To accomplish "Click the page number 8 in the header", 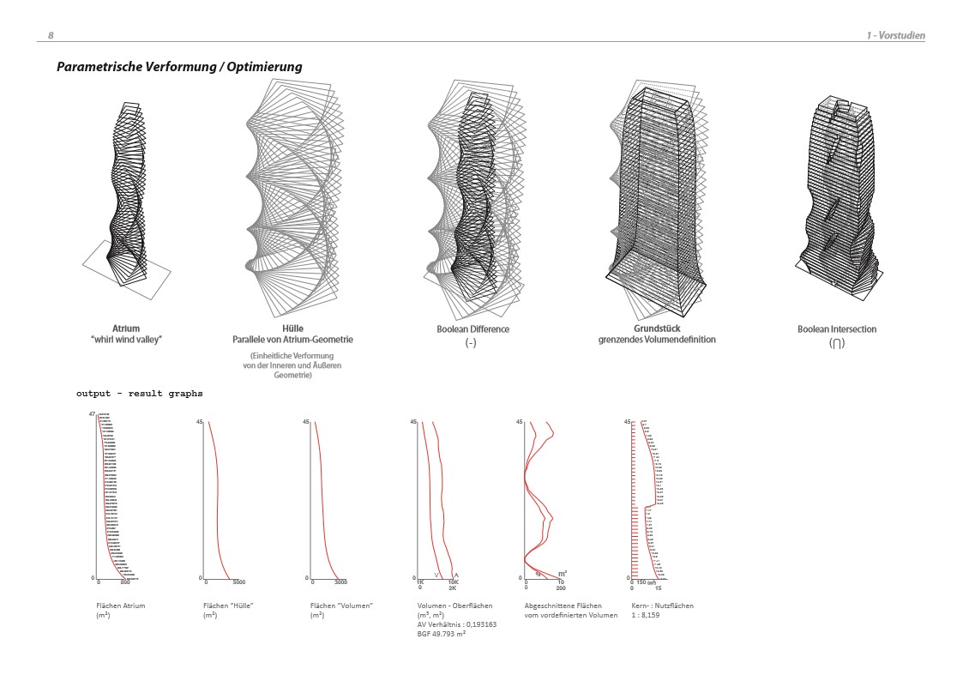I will point(51,35).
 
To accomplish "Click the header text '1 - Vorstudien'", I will point(895,35).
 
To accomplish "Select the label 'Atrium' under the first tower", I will point(125,328).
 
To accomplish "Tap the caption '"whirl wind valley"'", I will point(125,340).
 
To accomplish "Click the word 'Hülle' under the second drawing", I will point(292,328).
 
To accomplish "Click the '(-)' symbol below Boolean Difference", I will point(471,342).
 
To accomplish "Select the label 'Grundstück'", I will point(657,328).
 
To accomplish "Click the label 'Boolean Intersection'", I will point(837,328).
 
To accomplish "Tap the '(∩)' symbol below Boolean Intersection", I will point(836,343).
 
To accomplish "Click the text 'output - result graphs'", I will point(140,393).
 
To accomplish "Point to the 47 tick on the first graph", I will point(91,415).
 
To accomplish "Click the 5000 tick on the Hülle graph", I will point(239,582).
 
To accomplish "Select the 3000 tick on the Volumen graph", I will point(340,582).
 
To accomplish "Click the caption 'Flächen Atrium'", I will point(121,606).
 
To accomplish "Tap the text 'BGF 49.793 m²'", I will point(442,633).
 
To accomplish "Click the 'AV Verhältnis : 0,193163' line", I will point(457,624).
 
